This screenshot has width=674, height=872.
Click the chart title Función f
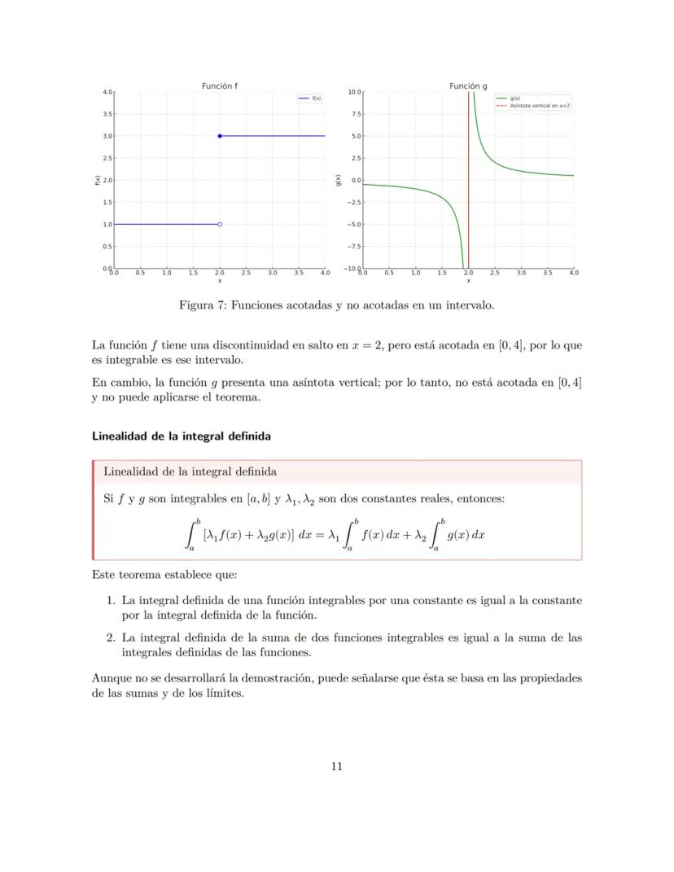220,85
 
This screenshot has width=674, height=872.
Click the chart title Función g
468,85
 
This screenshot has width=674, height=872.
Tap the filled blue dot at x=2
220,136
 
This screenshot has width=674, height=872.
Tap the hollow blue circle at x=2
220,224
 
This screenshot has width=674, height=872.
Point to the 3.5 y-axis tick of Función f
107,114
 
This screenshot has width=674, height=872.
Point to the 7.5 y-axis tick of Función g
355,114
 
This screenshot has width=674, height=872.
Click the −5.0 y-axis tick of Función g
353,224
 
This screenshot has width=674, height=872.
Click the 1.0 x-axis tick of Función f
167,274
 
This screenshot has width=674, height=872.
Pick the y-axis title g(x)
338,180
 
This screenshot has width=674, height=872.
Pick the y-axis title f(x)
97,180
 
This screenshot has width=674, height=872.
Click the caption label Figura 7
204,305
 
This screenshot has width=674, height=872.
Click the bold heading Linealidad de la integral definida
181,436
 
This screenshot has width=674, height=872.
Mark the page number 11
336,766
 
